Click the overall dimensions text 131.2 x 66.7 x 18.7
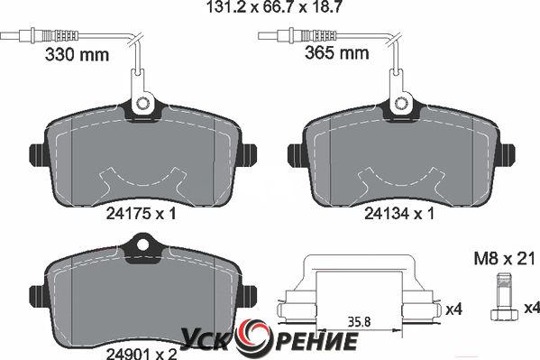coord(274,7)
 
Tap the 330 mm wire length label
coord(77,54)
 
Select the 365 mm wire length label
coord(337,53)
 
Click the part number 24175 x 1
coord(141,214)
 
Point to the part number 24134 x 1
coord(399,214)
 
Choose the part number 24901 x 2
coord(142,354)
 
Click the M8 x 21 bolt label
coord(505,259)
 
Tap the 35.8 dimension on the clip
coord(359,322)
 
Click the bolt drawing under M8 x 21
coord(504,297)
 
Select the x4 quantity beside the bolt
coord(532,308)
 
